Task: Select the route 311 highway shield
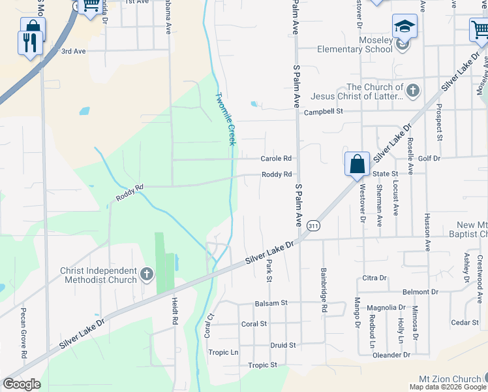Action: point(314,225)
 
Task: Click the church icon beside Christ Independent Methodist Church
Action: point(146,273)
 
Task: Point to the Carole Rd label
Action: point(275,159)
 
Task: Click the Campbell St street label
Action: point(323,112)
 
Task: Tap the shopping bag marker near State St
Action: point(358,163)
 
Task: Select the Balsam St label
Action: point(271,303)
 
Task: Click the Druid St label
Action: point(283,344)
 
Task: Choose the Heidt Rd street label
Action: point(175,310)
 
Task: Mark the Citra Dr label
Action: point(374,278)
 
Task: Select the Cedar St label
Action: point(465,322)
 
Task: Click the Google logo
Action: point(21,384)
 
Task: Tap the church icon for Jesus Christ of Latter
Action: point(412,91)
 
